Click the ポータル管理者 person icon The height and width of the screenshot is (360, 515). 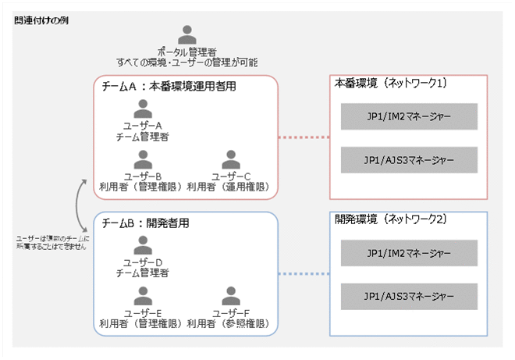pyautogui.click(x=186, y=36)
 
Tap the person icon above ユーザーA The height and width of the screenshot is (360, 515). pyautogui.click(x=142, y=108)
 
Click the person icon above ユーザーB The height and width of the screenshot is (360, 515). pyautogui.click(x=142, y=159)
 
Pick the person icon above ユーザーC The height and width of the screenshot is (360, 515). pyautogui.click(x=230, y=159)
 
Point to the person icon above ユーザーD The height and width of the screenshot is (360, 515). pyautogui.click(x=142, y=244)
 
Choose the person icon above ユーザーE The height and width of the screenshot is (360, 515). pyautogui.click(x=142, y=296)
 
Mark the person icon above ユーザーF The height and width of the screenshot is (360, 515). pyautogui.click(x=230, y=296)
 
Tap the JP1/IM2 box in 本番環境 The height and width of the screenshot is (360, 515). pyautogui.click(x=409, y=117)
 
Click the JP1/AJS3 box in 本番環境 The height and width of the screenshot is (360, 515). pyautogui.click(x=409, y=160)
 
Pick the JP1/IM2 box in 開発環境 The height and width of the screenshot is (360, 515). pyautogui.click(x=409, y=253)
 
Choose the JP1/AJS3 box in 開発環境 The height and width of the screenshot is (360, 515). pyautogui.click(x=409, y=297)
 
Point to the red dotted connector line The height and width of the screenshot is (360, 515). pyautogui.click(x=304, y=138)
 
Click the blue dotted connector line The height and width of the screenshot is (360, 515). pyautogui.click(x=304, y=274)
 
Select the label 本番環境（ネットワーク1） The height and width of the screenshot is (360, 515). pyautogui.click(x=390, y=82)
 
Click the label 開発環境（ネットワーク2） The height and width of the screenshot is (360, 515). pyautogui.click(x=390, y=219)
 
